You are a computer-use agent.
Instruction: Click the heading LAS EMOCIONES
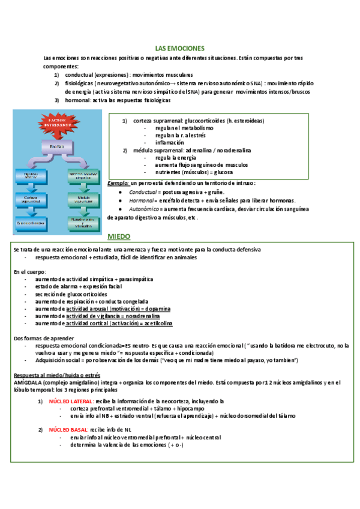(180, 48)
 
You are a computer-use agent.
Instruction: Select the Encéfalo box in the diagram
(56, 146)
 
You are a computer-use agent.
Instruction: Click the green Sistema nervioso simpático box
(83, 175)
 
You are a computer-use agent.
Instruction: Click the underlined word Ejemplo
(118, 182)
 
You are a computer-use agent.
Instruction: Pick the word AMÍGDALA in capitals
(28, 382)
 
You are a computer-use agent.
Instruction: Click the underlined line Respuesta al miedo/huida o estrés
(54, 375)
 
